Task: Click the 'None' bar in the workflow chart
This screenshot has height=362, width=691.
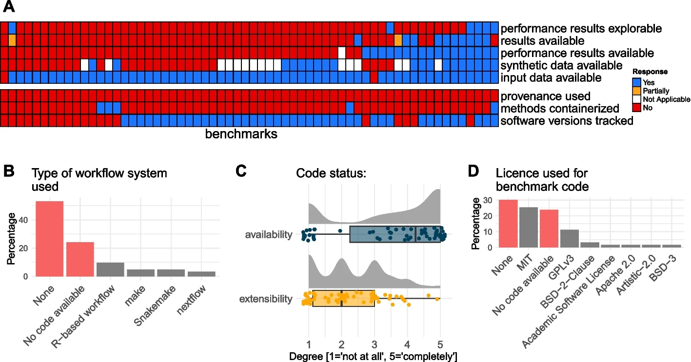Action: pyautogui.click(x=50, y=239)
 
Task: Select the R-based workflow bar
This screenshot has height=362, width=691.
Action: pyautogui.click(x=110, y=269)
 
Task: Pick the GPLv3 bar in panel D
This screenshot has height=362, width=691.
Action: pyautogui.click(x=570, y=239)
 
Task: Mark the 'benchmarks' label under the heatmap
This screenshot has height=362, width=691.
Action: pyautogui.click(x=241, y=134)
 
